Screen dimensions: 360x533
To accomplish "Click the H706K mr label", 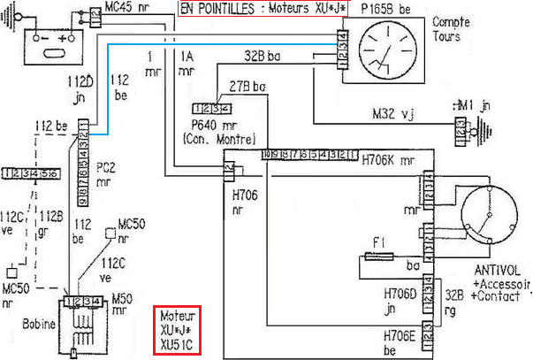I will click(388, 163).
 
